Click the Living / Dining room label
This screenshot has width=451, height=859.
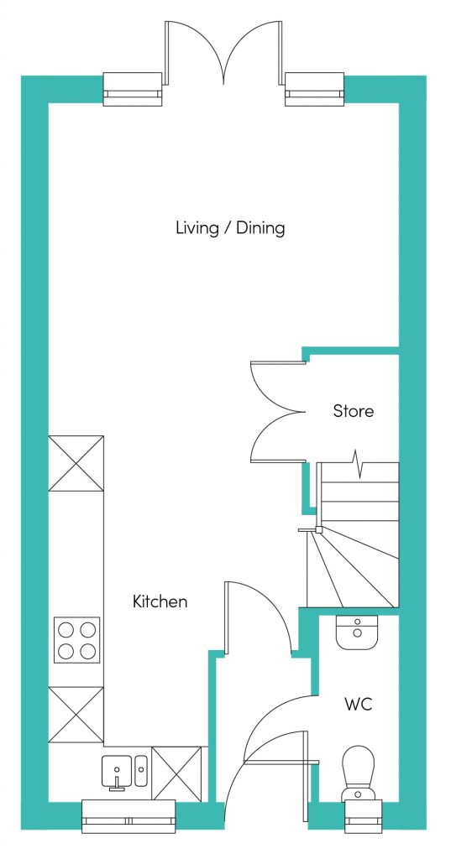(230, 227)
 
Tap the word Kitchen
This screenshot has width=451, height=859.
(160, 601)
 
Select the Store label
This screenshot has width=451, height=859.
(354, 411)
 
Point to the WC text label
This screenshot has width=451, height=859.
(359, 704)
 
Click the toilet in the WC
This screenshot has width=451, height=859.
(359, 773)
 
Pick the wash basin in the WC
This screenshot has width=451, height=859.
(357, 633)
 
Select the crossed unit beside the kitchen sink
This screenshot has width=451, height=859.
(177, 773)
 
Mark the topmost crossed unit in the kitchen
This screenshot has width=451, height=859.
(76, 463)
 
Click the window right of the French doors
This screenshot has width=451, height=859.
(314, 89)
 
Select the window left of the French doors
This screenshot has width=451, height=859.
(133, 89)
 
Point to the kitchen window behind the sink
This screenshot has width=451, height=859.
(128, 816)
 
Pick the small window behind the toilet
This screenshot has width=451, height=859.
(363, 815)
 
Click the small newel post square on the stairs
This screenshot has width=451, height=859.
(317, 530)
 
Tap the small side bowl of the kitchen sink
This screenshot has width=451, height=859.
(141, 770)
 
